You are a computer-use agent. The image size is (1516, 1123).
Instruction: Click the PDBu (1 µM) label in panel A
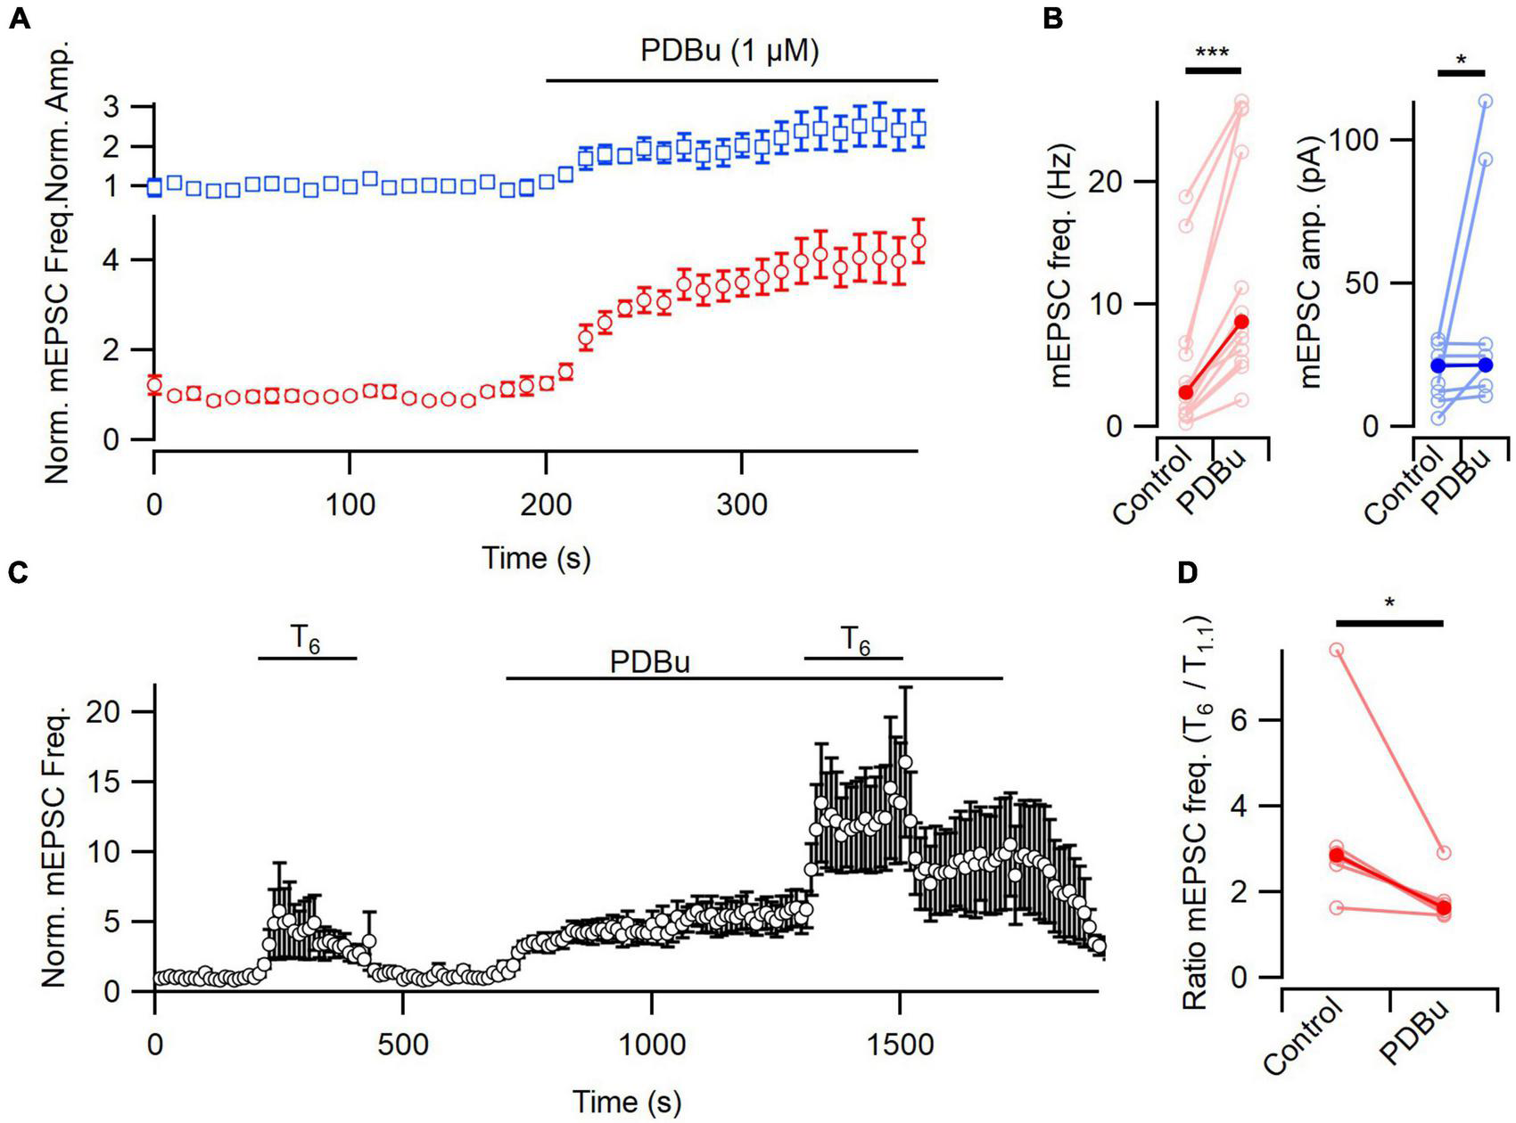coord(729,52)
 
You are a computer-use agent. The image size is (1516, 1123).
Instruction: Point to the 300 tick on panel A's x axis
coord(741,506)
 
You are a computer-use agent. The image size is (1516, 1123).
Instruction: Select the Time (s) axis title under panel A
coord(536,559)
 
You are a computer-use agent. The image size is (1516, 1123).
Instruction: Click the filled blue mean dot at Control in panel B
coord(1437,365)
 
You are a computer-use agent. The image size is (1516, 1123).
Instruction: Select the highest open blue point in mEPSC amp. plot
coord(1486,102)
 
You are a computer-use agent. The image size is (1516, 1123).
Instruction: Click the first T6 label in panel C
coord(306,638)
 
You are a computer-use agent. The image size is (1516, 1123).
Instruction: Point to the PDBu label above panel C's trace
coord(650,664)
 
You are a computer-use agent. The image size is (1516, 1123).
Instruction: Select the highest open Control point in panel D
coord(1336,650)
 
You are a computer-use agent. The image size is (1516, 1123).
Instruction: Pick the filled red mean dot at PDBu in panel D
coord(1443,908)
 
